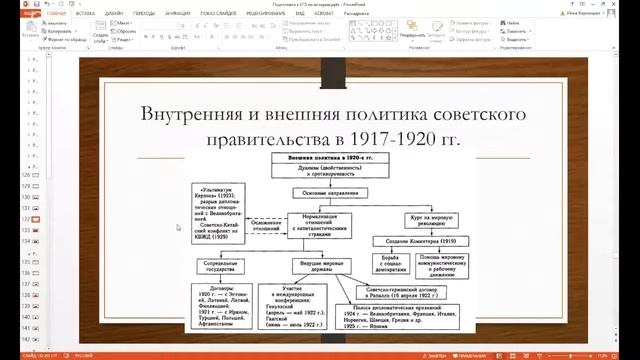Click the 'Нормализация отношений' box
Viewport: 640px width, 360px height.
point(319,226)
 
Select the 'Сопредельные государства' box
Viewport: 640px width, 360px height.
point(218,268)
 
